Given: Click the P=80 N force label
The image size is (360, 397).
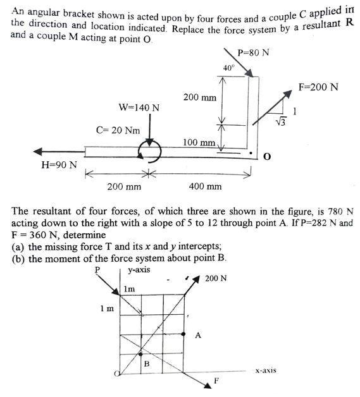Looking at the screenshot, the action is [x=253, y=52].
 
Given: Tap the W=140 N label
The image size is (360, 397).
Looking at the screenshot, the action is [x=139, y=107].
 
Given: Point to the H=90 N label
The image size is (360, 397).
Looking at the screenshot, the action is [x=59, y=166].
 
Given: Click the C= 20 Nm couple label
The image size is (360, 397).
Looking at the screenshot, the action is [x=118, y=130].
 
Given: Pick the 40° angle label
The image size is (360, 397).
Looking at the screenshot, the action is [x=228, y=68].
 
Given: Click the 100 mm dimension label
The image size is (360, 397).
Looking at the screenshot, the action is [x=199, y=142].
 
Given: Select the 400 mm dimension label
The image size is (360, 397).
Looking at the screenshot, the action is [x=206, y=186].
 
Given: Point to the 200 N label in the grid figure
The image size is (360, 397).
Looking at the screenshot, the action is [x=216, y=278].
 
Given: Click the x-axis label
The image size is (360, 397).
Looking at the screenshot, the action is [x=265, y=370].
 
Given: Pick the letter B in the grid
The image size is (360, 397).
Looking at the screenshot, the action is [x=146, y=363].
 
